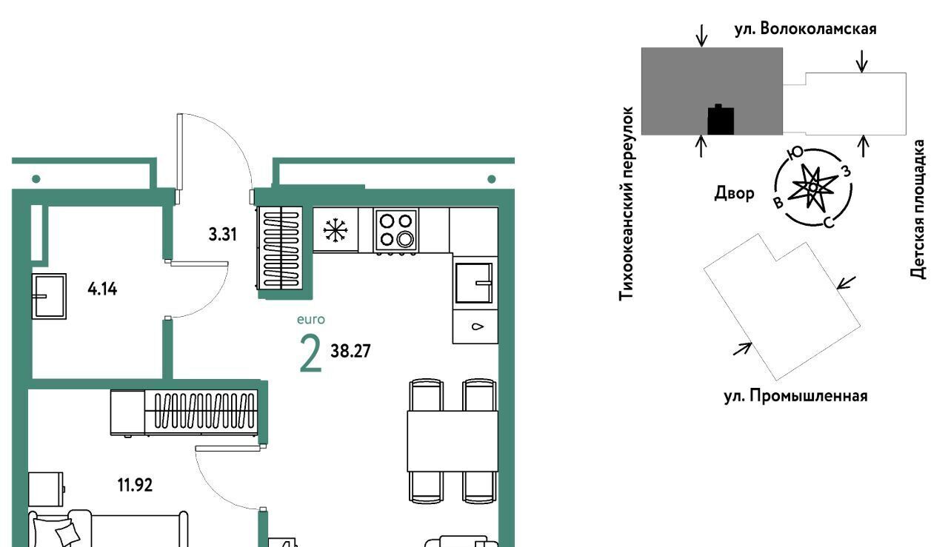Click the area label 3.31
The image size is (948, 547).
pos(221,236)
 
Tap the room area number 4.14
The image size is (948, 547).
pos(101,289)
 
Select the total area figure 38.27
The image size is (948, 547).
pos(350,351)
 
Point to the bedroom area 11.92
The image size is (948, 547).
pos(137,486)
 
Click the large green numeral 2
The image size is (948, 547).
pos(311,354)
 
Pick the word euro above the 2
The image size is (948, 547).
pos(310,320)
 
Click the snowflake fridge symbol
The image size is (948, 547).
pos(336,230)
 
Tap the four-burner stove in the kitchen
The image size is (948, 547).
pos(395,229)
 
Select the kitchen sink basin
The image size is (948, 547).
pos(474,282)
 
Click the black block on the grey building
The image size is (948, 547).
pos(721,120)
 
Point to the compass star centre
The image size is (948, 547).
pos(812,188)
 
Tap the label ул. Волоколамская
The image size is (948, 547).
pos(805,29)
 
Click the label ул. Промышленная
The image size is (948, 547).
pos(795,395)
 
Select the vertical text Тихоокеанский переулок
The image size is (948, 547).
pos(627,202)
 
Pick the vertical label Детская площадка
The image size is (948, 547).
pos(919,209)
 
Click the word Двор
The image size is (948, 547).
pos(734,194)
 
